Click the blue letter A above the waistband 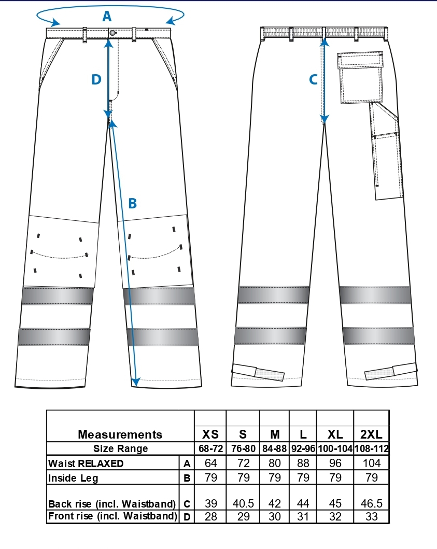107,16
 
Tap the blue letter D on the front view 96,79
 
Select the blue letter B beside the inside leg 132,203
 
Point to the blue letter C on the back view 314,79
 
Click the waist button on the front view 112,33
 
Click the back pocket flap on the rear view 360,60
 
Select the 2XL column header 371,434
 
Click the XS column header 210,434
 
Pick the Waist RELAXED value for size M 275,463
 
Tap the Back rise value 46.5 371,503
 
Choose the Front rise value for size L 303,516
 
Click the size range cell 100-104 335,448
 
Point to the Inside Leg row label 73,478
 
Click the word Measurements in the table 120,434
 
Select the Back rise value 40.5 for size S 243,503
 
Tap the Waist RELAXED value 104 371,463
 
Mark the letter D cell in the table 187,517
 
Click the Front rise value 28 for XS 211,516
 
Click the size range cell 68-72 210,448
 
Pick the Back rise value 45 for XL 335,503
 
